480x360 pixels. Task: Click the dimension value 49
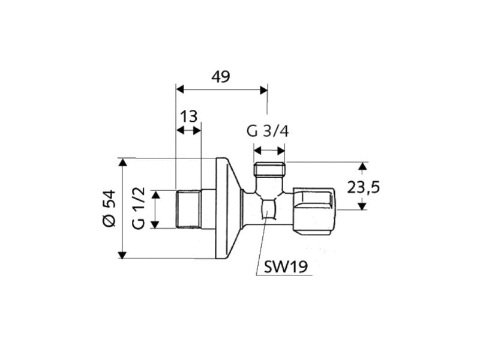[x=221, y=76]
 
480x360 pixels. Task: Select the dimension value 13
[x=188, y=116]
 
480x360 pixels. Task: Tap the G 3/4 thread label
[x=268, y=131]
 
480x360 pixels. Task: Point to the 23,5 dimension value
[x=364, y=187]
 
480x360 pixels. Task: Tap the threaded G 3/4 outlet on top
[x=269, y=169]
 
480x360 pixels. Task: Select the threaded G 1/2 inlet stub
[x=188, y=208]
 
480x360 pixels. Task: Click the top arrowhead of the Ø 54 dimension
[x=123, y=161]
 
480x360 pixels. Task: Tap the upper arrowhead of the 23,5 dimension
[x=362, y=166]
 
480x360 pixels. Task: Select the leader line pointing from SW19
[x=262, y=246]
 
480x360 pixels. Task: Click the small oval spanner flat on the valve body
[x=268, y=209]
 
